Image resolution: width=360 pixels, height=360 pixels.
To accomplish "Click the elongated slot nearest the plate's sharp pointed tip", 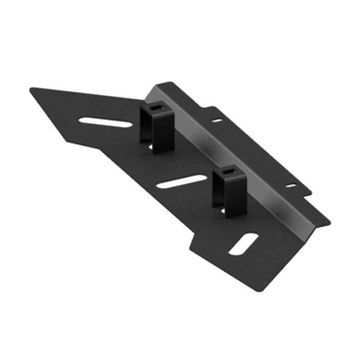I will coord(103,123).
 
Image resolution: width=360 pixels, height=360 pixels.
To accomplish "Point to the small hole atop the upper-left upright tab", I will coord(156,106).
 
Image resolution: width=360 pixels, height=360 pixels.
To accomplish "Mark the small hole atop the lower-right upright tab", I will coord(228,172).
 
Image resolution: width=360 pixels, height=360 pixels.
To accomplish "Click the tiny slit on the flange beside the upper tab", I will coord(217,121).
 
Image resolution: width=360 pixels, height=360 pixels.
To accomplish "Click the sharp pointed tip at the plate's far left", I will coord(31,91).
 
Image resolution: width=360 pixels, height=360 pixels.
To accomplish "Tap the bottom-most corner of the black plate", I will coord(256,292).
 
